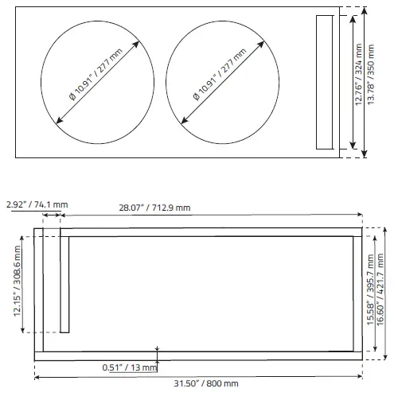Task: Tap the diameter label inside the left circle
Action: click(94, 78)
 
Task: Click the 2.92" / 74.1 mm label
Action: click(37, 205)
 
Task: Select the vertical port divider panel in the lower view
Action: click(64, 285)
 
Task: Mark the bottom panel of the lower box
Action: click(199, 355)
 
